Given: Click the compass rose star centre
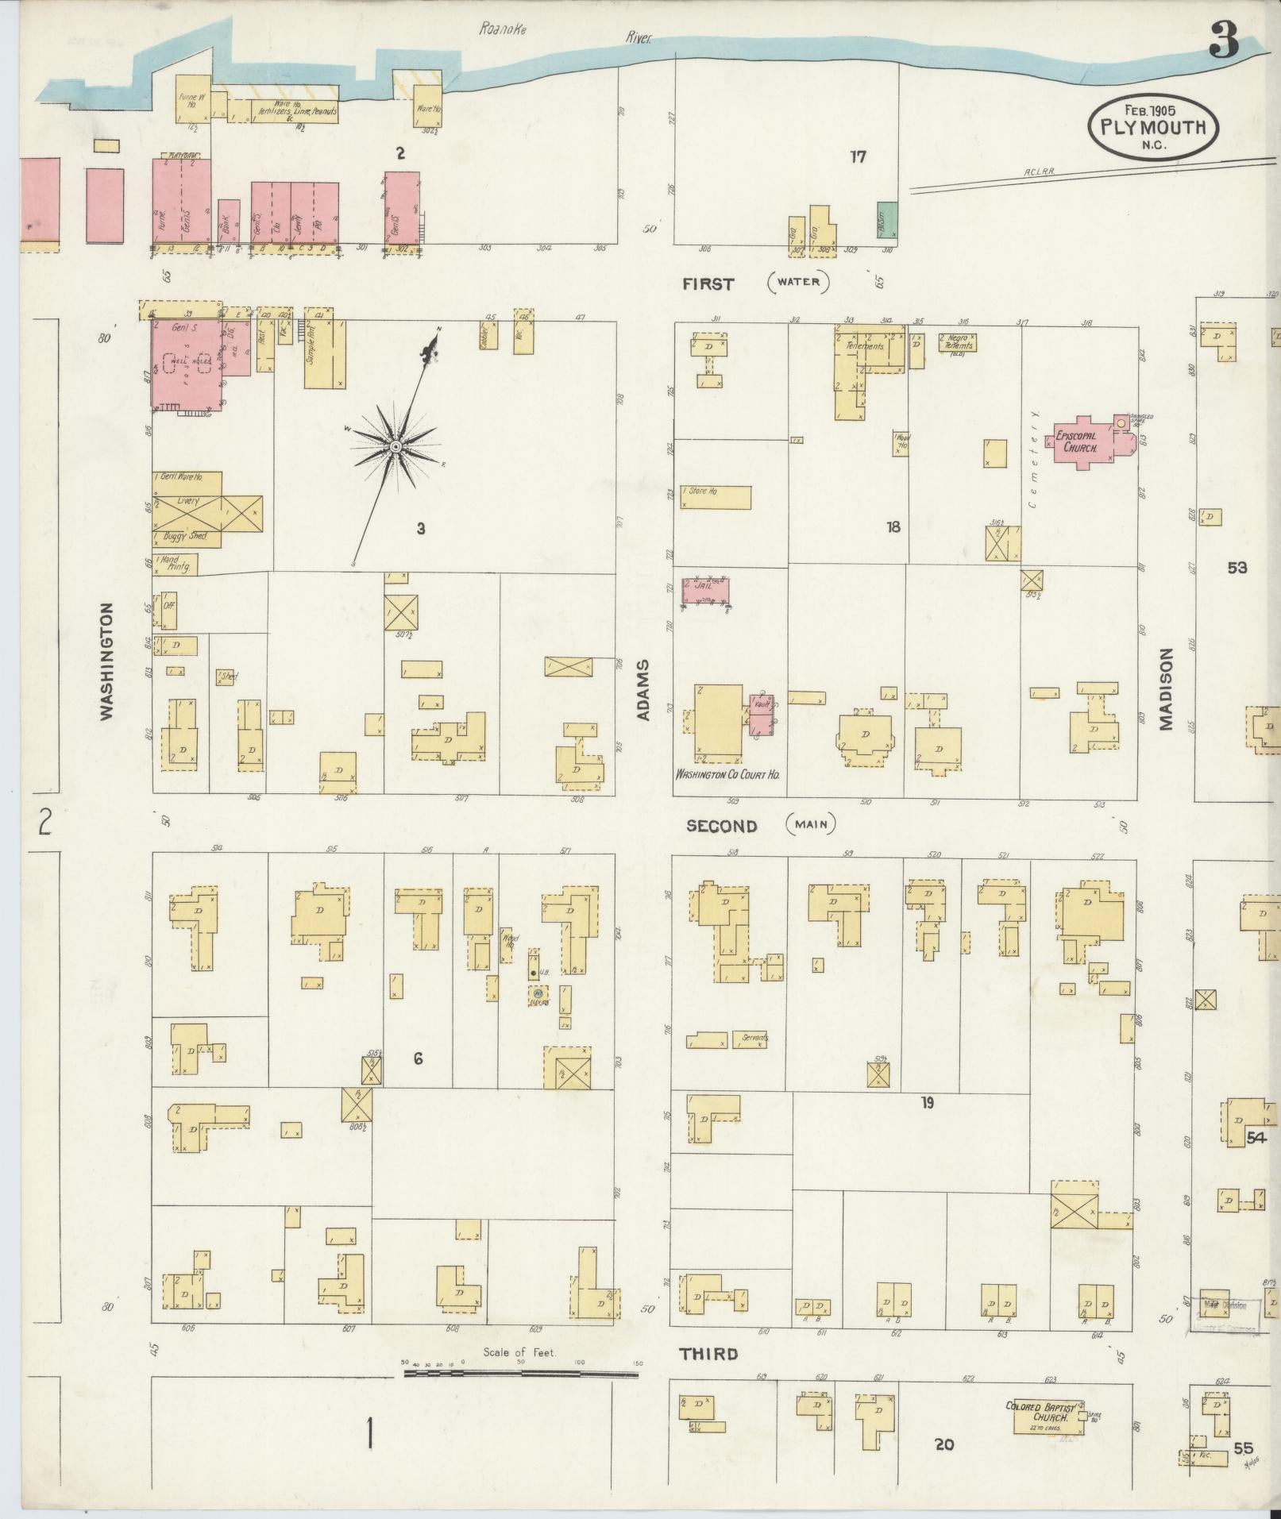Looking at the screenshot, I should [395, 449].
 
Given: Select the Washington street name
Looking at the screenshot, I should [107, 661].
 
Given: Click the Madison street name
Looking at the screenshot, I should [1165, 688].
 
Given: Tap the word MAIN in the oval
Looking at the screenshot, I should [811, 824].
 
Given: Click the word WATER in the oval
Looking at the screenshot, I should [798, 282].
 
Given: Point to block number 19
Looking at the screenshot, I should [927, 1102].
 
